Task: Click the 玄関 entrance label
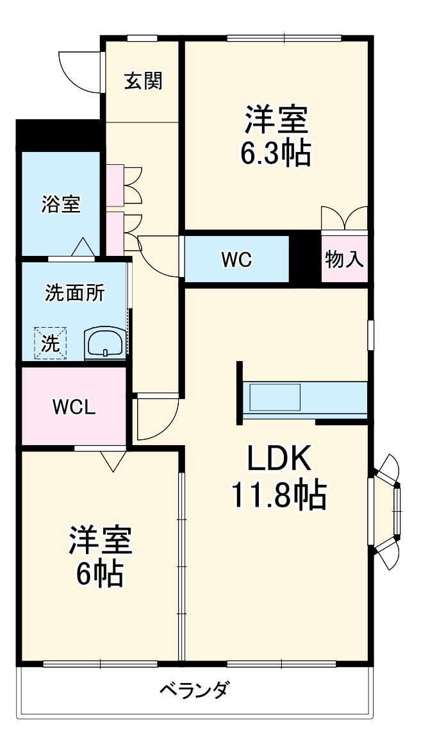click(x=144, y=81)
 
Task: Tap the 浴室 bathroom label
click(x=61, y=205)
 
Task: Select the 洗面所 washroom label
click(x=75, y=293)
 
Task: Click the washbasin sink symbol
click(x=105, y=343)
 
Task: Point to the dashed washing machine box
click(x=50, y=343)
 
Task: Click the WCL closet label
click(x=74, y=407)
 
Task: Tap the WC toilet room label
click(x=236, y=260)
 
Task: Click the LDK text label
click(x=279, y=459)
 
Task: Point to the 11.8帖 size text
click(x=279, y=494)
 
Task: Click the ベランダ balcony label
click(x=194, y=690)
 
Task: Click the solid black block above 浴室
click(x=58, y=135)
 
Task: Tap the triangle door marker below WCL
click(x=113, y=460)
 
